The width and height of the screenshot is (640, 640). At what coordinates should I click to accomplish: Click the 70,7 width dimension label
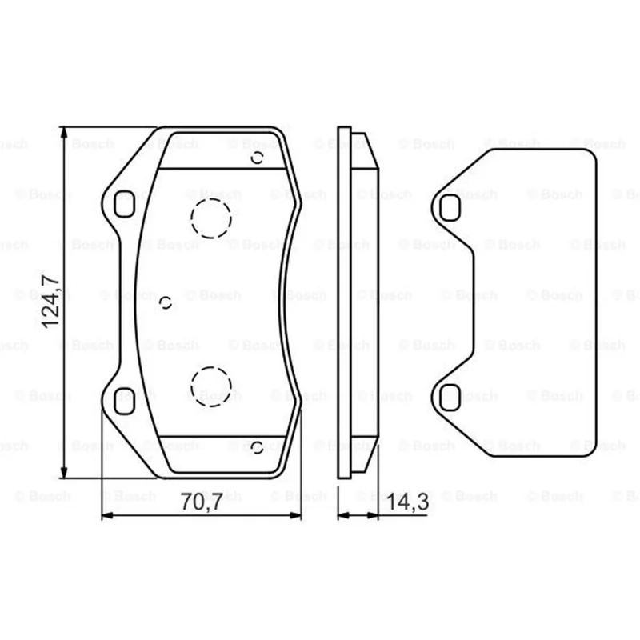202,502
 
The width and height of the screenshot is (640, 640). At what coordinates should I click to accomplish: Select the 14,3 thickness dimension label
407,502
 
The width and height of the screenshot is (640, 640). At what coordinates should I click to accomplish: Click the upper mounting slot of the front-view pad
124,204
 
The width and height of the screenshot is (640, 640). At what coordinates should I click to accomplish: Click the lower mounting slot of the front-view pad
124,402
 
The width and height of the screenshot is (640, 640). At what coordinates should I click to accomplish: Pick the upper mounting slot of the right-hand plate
450,208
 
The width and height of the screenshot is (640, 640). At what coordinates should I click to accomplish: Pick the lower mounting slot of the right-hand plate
450,397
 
